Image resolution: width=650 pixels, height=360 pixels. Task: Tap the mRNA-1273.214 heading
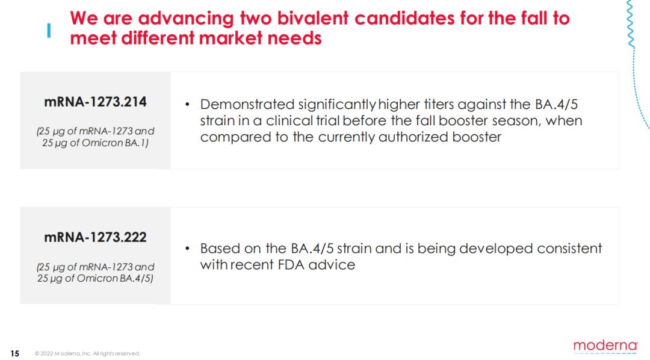point(95,102)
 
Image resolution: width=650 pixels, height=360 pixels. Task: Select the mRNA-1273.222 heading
point(95,237)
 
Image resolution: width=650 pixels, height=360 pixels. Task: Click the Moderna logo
point(605,346)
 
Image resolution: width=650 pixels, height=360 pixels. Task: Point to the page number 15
point(15,353)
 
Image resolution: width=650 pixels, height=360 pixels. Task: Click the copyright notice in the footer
point(87,354)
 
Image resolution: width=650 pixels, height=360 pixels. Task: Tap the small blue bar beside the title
point(49,31)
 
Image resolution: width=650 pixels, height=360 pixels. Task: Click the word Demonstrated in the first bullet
point(247,105)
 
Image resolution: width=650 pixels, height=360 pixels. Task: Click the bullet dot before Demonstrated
point(187,105)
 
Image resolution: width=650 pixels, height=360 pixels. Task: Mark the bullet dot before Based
point(187,249)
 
